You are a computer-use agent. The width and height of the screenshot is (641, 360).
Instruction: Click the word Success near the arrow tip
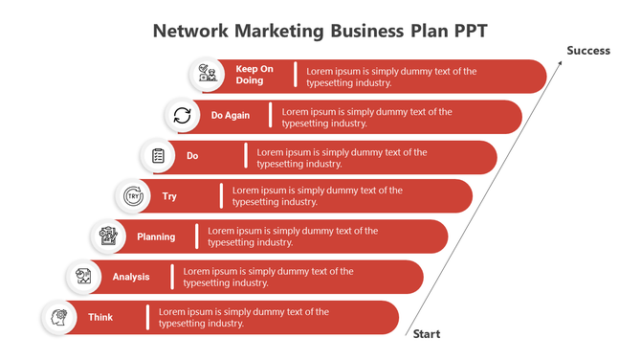587,51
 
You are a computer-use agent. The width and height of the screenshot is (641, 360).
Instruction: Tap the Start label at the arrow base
427,334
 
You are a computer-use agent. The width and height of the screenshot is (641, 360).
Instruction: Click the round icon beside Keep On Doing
207,75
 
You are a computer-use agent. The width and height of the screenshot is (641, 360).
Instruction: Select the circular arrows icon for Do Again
182,116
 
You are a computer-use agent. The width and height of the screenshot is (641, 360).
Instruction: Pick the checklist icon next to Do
157,156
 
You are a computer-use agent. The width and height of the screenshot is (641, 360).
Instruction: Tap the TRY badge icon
132,196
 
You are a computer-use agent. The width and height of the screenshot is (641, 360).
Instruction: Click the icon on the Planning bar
108,236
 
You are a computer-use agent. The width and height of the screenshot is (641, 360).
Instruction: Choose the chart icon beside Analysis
83,277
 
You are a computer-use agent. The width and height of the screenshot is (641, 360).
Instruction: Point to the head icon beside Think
59,317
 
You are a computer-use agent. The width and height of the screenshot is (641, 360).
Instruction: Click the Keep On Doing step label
254,75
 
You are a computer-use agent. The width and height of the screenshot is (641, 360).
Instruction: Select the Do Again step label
231,116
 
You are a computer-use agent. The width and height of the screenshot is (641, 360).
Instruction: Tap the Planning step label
156,236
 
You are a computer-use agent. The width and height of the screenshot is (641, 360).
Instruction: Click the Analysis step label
131,277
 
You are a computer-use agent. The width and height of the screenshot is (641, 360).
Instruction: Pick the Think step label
100,317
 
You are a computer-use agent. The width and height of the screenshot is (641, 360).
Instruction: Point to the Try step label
169,196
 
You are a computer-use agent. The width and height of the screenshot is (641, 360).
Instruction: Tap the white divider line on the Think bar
147,317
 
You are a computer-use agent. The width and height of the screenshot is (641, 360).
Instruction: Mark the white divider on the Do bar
246,156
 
